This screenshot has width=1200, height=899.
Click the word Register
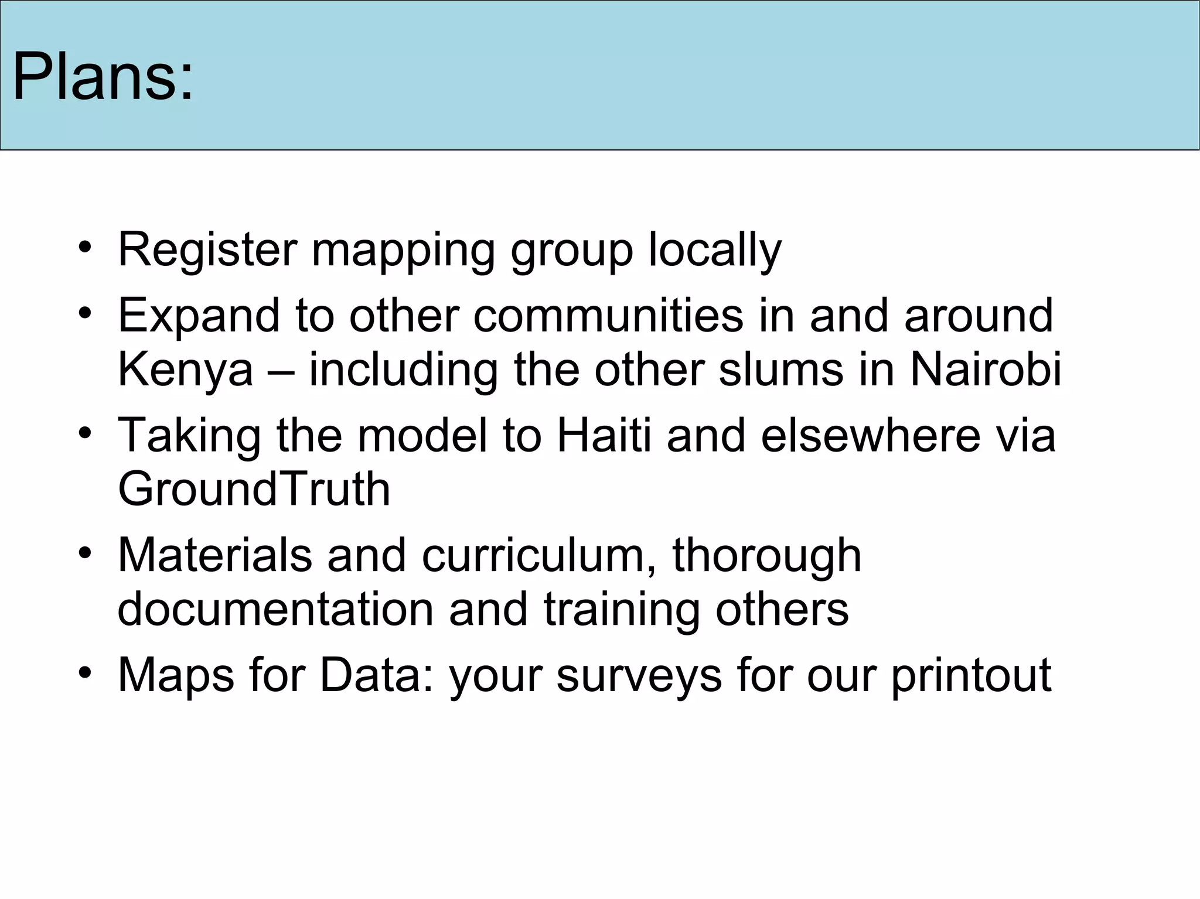[207, 250]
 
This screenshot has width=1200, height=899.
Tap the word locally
[715, 250]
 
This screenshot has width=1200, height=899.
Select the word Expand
[198, 316]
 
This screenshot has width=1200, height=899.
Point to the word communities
[608, 316]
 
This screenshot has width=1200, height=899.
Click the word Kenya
[185, 370]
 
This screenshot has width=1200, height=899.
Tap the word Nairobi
[986, 370]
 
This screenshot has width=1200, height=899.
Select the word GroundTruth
[254, 490]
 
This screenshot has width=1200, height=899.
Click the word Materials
[214, 555]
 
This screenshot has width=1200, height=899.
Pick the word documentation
[275, 610]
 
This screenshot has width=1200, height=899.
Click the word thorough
[766, 555]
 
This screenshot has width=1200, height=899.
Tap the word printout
[971, 675]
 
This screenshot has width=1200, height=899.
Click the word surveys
[639, 675]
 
